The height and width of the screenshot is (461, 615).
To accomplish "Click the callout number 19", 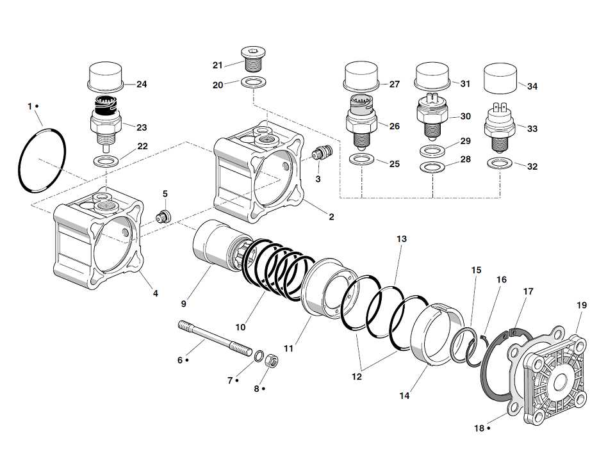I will (x=581, y=305).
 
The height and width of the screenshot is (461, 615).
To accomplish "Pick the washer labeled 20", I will (x=254, y=83).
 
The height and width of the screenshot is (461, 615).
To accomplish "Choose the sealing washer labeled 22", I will (x=106, y=159).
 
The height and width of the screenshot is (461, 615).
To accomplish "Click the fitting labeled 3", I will (x=320, y=154).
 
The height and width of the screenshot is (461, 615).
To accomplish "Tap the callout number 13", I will (x=401, y=239).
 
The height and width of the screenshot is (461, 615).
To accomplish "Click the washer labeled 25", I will (x=362, y=159).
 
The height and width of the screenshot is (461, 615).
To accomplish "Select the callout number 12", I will (x=356, y=376).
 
